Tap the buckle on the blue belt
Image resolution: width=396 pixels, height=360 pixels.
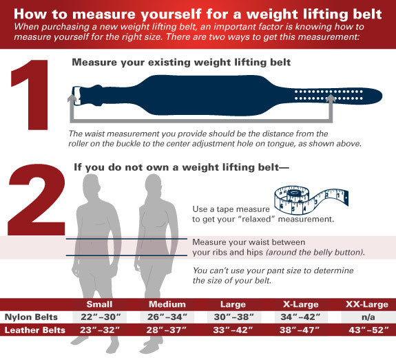click(x=76, y=96)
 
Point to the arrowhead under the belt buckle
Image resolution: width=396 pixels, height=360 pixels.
click(x=72, y=98)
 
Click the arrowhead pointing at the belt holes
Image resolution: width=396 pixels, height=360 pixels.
click(x=331, y=98)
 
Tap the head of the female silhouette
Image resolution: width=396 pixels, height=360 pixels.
click(x=153, y=184)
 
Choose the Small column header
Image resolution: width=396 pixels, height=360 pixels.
click(x=99, y=304)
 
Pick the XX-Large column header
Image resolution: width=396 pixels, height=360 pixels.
click(x=366, y=304)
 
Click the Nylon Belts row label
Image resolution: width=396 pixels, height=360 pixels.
click(x=31, y=317)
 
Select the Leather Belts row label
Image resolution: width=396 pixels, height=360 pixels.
click(x=35, y=330)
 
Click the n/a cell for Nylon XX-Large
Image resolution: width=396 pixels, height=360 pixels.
click(x=368, y=317)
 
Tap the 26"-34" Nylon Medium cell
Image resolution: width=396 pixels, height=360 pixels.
click(x=167, y=317)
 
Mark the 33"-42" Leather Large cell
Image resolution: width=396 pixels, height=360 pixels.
click(x=233, y=330)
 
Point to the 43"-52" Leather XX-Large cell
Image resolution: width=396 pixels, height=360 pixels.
click(x=368, y=330)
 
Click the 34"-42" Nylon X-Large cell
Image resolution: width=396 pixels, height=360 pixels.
click(x=300, y=317)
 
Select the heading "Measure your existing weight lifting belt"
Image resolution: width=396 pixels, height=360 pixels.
click(x=181, y=63)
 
